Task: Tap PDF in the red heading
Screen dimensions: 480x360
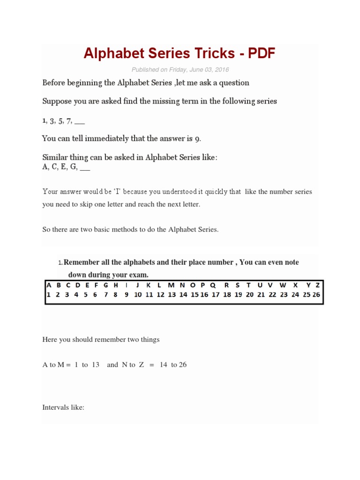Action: (262, 54)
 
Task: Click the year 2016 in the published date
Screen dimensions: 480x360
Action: (222, 70)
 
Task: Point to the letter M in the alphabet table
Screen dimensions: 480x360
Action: (172, 285)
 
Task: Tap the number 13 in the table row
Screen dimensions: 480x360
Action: (172, 295)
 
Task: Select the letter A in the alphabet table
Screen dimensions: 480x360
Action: (49, 285)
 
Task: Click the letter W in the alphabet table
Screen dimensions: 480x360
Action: (283, 285)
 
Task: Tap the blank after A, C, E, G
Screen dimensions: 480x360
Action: (85, 167)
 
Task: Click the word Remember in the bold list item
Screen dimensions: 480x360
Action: (83, 262)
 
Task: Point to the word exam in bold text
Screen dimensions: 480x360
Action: (140, 275)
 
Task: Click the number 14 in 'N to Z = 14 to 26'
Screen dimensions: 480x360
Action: (164, 365)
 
